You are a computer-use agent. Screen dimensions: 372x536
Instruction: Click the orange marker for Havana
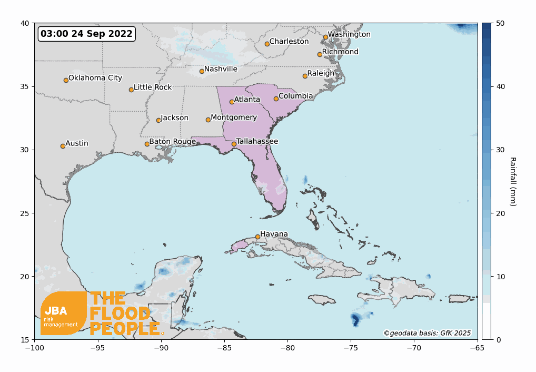tap(257, 237)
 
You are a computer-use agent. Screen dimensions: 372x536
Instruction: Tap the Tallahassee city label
tap(257, 141)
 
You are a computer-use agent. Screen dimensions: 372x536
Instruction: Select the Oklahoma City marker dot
tap(66, 80)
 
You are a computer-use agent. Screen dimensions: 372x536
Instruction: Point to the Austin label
tap(77, 143)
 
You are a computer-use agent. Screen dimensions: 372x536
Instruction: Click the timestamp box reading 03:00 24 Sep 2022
tap(86, 34)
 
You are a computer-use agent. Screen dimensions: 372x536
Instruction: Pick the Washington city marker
tap(325, 37)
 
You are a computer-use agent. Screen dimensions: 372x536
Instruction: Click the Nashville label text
tap(221, 69)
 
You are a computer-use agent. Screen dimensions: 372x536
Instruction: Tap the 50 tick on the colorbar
tap(501, 23)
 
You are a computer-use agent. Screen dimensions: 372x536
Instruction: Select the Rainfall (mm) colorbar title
tap(512, 181)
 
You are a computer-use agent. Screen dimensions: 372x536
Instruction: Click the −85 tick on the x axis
tap(224, 348)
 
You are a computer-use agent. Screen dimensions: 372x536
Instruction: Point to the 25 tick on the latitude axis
tap(25, 213)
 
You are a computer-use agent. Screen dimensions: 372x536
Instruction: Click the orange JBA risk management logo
tap(64, 313)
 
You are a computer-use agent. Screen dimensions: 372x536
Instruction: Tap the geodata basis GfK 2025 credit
tap(427, 333)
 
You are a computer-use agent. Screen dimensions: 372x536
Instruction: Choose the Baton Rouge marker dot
tap(147, 144)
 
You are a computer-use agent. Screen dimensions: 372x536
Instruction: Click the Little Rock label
tap(153, 87)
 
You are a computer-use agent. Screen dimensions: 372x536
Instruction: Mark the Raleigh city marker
tap(305, 76)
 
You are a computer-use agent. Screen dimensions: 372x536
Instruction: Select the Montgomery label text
tap(234, 118)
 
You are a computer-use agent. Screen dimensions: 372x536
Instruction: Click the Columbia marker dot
tap(276, 99)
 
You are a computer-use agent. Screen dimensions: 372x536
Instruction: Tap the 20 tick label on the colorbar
tap(501, 213)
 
